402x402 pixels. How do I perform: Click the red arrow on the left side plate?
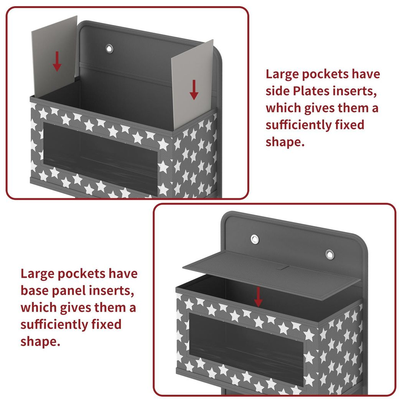coord(57,61)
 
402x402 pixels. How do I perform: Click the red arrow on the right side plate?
coord(194,90)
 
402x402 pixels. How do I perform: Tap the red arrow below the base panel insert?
coord(258,297)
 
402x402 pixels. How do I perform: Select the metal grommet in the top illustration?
coord(109,48)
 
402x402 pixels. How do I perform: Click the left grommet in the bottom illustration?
coord(255,239)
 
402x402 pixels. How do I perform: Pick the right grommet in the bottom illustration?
coord(330,254)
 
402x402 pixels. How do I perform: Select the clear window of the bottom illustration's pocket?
coord(246,346)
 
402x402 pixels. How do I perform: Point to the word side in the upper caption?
coord(278,91)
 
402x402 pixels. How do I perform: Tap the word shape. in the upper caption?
coord(285,142)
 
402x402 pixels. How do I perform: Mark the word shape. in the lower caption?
coord(41,342)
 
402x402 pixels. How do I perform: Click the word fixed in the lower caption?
coord(106,324)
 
